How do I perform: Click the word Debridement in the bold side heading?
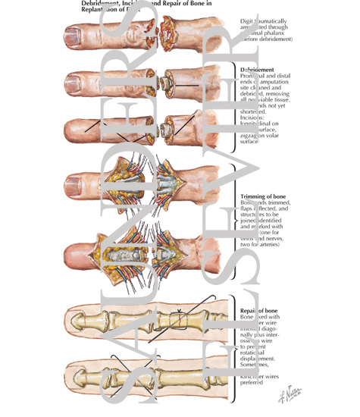[x=257, y=69]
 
